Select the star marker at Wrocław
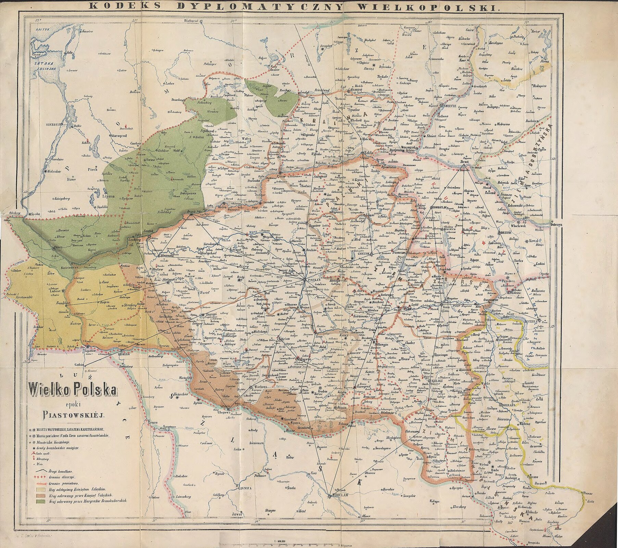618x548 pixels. [x=329, y=496]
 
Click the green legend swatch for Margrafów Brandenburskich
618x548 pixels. [x=40, y=501]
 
